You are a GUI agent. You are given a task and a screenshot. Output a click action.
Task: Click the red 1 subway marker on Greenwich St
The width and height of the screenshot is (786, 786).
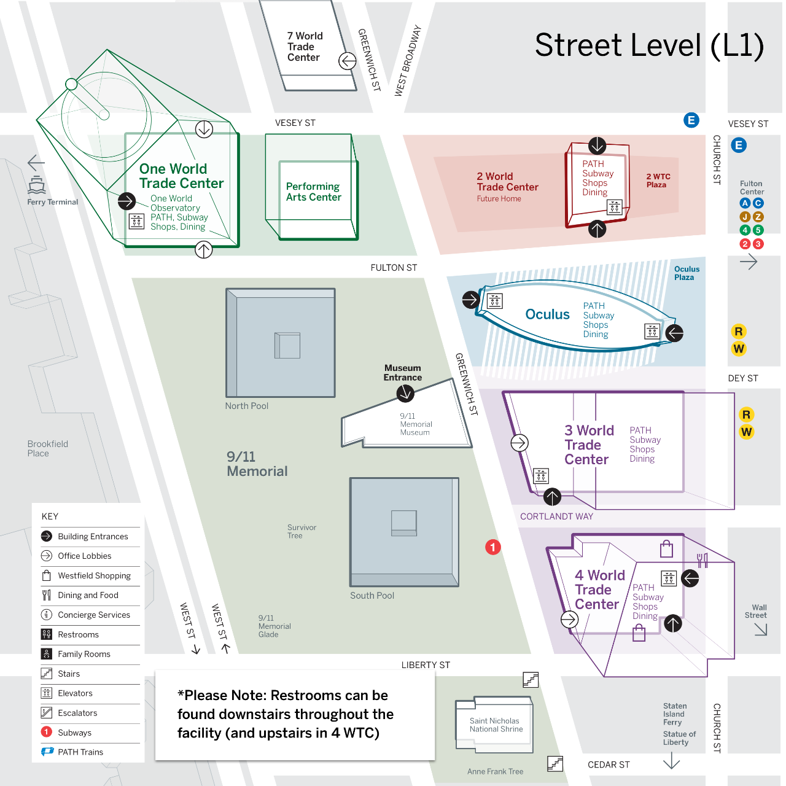tap(492, 547)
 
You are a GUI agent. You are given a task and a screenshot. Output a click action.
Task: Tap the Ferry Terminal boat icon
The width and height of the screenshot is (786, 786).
tap(37, 184)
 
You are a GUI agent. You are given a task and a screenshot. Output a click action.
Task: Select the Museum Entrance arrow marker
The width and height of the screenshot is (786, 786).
tap(405, 393)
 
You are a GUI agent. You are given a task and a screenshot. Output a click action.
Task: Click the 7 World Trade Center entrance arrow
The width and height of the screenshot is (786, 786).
tap(348, 61)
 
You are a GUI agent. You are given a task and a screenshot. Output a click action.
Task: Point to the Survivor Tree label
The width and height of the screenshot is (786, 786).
tap(302, 532)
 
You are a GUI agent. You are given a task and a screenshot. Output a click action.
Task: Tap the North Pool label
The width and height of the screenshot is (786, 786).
tap(247, 406)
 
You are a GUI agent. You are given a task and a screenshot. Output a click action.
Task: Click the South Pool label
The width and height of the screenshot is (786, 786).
tap(372, 596)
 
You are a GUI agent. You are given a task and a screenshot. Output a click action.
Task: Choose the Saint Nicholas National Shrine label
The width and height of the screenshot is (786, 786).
tap(496, 725)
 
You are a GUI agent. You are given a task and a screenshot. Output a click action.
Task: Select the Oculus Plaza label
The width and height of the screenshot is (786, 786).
tap(687, 273)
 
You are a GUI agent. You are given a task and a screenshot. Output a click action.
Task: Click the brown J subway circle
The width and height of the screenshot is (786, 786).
tap(745, 217)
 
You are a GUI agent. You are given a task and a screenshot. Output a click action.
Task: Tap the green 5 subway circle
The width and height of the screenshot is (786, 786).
tap(758, 230)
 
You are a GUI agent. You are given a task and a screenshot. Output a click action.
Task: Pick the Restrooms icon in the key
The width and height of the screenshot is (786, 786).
tap(47, 634)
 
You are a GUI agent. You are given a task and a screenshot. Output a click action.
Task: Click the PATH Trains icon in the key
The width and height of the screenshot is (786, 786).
tap(47, 752)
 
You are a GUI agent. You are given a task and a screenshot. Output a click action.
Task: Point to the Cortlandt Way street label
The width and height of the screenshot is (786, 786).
tap(556, 516)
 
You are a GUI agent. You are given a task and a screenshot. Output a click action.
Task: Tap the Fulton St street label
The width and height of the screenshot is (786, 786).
tap(394, 268)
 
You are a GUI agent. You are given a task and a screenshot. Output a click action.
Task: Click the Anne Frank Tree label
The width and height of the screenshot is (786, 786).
tap(495, 771)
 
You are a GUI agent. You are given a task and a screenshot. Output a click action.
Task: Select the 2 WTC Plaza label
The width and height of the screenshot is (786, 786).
tap(658, 181)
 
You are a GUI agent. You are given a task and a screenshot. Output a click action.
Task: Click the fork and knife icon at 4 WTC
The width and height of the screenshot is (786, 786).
tap(702, 561)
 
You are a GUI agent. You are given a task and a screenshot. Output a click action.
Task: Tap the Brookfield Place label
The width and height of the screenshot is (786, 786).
tap(47, 448)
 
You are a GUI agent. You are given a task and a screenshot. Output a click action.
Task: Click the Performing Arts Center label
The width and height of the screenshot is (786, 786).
tap(313, 192)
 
